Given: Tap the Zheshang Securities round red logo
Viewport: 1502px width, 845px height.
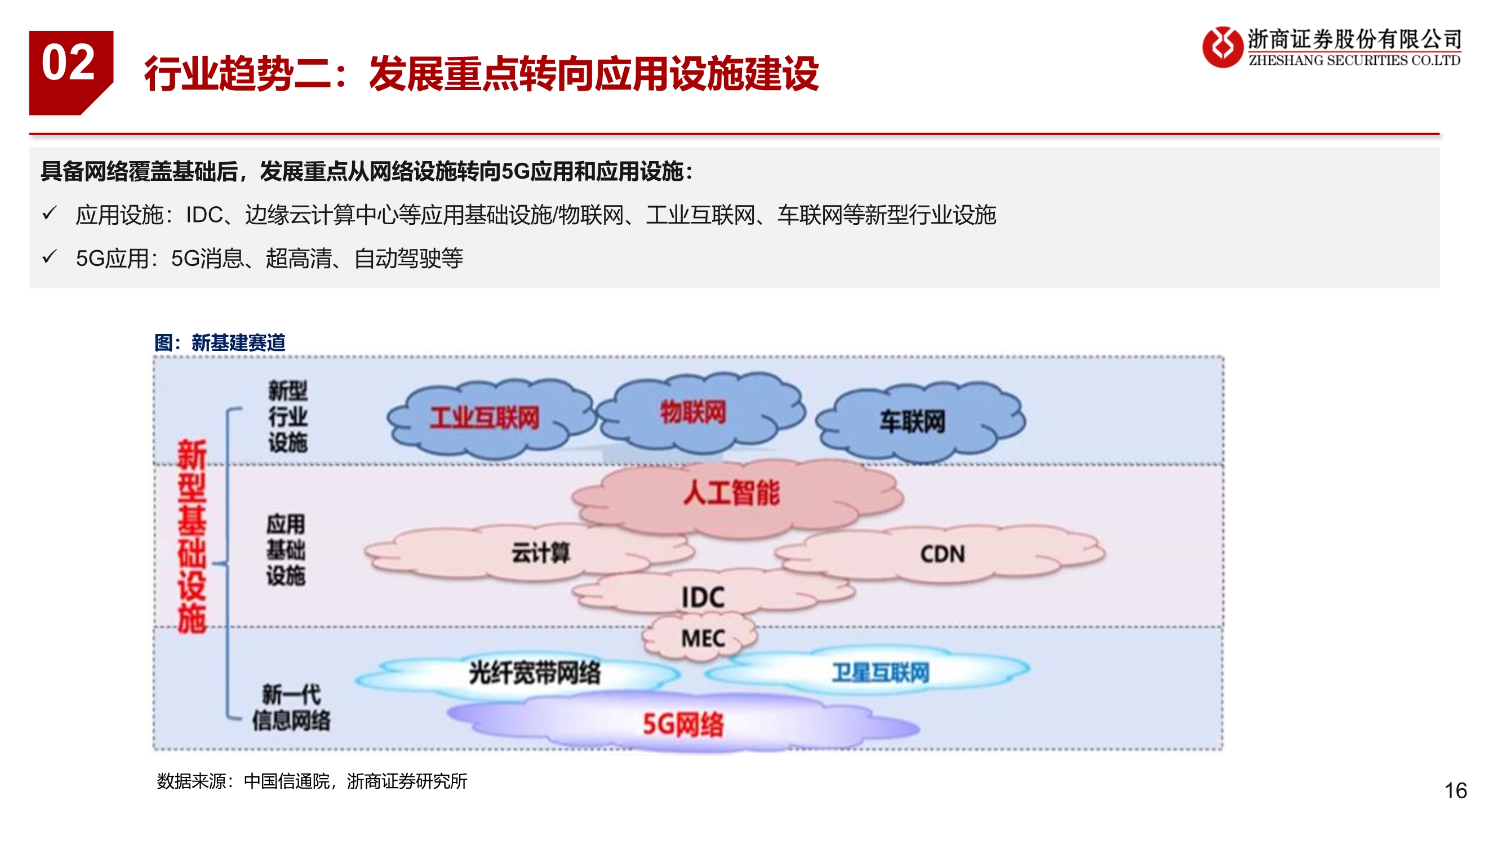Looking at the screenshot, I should coord(1222,47).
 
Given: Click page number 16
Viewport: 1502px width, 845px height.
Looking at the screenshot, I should coord(1455,791).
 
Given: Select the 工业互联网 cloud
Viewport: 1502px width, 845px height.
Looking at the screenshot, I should coord(485,417).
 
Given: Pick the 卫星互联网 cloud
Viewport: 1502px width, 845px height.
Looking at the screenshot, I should coord(880,673).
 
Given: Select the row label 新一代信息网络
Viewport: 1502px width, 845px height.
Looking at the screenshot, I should coord(291,708).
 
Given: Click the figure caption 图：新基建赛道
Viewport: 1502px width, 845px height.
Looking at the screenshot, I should coord(220,343).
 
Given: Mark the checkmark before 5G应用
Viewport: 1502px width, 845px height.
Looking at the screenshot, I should coord(50,256).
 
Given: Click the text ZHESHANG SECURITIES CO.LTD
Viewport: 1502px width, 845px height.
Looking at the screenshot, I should coord(1354,61).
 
